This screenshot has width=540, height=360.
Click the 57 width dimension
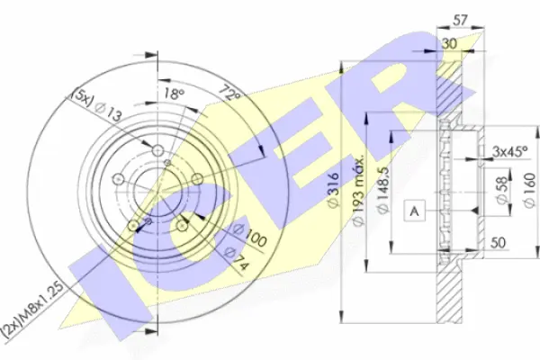[x=460, y=21]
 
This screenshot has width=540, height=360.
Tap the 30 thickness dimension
[x=449, y=43]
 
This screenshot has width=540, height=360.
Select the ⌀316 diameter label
[x=334, y=191]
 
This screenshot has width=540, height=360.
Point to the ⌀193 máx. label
[x=358, y=191]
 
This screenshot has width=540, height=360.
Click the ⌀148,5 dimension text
[x=383, y=191]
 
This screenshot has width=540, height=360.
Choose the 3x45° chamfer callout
[x=509, y=151]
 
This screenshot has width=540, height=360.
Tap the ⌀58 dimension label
[x=502, y=190]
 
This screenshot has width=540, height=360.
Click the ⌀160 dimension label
[x=530, y=190]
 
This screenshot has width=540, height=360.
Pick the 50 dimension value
[x=498, y=243]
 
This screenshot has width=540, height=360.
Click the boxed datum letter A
[x=415, y=210]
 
